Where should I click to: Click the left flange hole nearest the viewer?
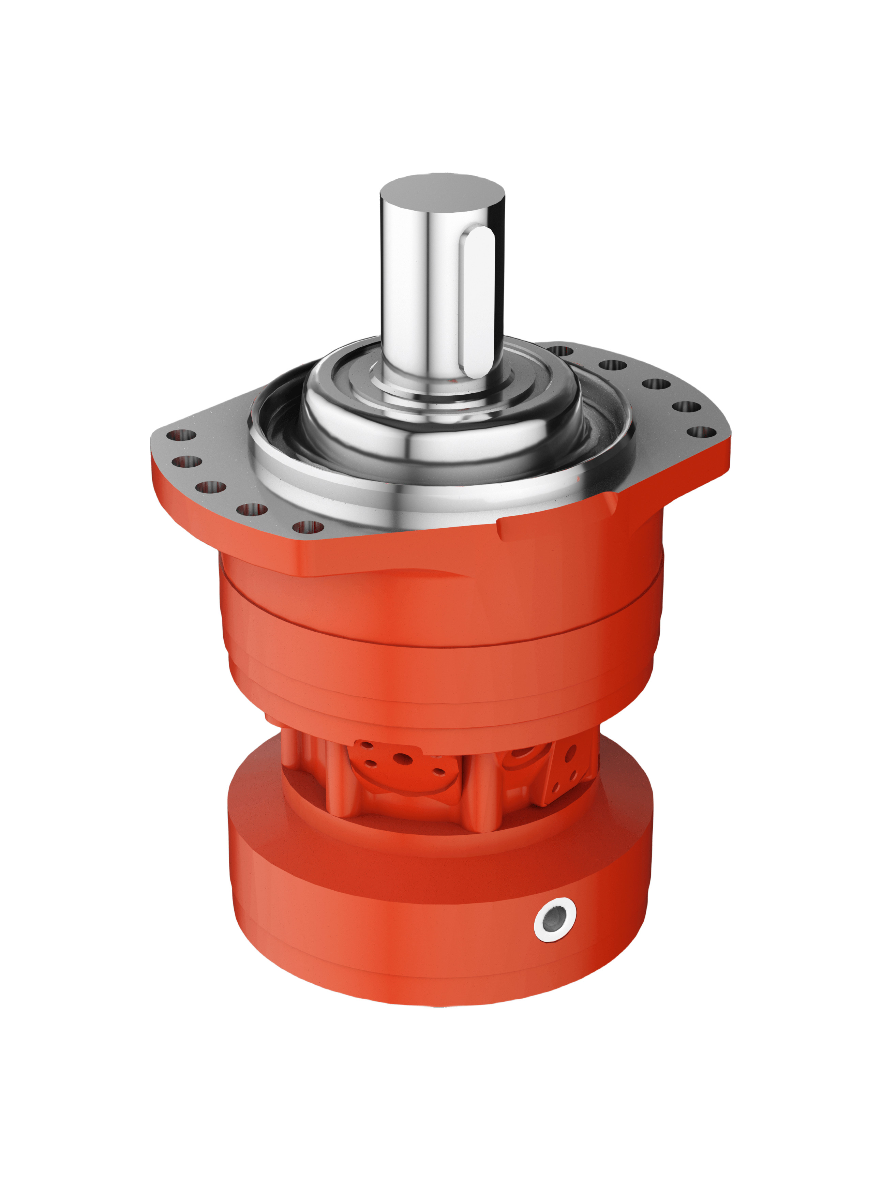click(308, 528)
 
